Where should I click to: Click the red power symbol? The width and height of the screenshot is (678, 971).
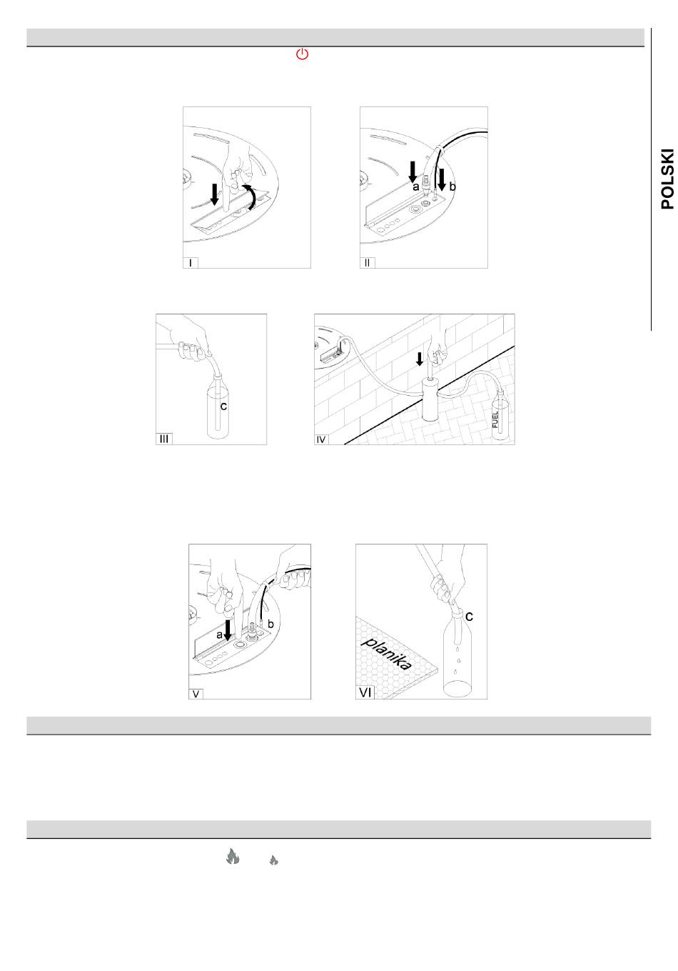point(302,54)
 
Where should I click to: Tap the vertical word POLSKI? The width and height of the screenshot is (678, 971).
point(667,179)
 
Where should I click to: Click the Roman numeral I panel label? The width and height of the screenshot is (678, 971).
point(191,263)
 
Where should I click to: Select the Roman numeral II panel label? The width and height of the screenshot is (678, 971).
point(367,263)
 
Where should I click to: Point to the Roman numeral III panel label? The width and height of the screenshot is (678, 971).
point(164,439)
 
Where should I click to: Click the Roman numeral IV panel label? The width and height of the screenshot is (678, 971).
point(321,439)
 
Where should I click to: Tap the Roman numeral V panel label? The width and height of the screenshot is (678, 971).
point(196,694)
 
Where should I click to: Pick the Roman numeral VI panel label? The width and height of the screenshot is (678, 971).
point(365,692)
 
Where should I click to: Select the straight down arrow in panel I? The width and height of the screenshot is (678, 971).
point(214,194)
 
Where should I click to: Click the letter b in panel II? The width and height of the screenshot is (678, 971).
point(452,186)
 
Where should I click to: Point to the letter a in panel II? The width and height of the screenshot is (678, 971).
point(415,186)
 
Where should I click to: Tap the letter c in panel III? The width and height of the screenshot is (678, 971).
point(223,407)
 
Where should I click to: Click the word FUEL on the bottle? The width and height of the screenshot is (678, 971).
point(495,419)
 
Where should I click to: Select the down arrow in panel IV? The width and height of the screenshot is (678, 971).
point(419,359)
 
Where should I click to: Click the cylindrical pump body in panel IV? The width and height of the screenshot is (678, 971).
point(431,399)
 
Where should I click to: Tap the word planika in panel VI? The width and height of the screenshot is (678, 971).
point(386,654)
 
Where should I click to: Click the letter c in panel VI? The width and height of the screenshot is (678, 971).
point(469,616)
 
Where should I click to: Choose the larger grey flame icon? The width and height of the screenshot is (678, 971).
point(233,856)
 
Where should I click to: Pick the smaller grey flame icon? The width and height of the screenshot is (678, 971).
point(273,860)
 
